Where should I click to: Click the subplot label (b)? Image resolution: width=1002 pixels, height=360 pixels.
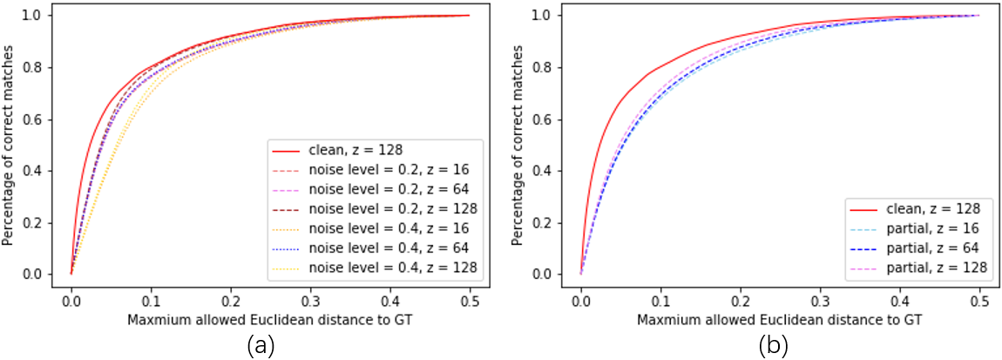click(773, 347)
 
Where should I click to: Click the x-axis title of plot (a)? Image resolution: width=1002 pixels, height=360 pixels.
click(270, 319)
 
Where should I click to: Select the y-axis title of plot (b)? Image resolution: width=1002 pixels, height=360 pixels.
click(521, 146)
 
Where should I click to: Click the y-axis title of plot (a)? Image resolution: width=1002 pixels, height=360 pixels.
click(10, 146)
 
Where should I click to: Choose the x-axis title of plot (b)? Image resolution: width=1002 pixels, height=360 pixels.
click(780, 319)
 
